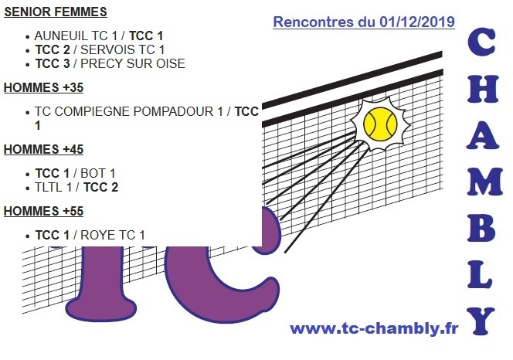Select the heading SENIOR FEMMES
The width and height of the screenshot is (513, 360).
(x=56, y=13)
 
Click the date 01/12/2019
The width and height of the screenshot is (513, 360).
(x=417, y=22)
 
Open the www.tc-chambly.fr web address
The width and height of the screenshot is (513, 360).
(x=374, y=329)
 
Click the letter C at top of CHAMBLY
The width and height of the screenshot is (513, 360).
(x=483, y=44)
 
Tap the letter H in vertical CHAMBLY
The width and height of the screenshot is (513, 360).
(x=483, y=92)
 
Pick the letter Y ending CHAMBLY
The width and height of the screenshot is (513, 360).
(x=483, y=318)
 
